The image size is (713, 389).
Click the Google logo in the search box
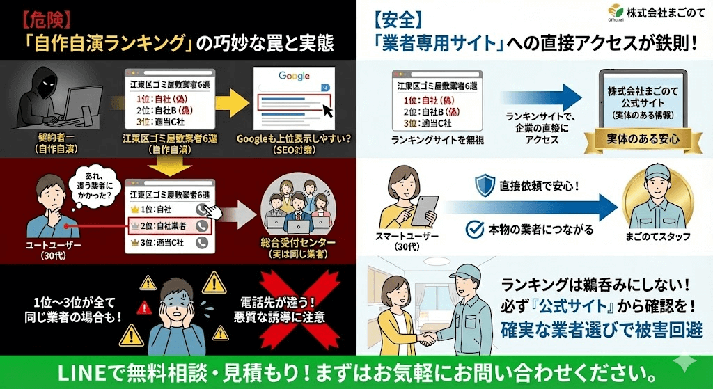pos(293,75)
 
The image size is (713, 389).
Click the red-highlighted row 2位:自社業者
pos(168,225)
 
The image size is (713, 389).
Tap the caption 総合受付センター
pos(297,243)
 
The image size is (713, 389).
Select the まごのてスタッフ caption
pos(658,237)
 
